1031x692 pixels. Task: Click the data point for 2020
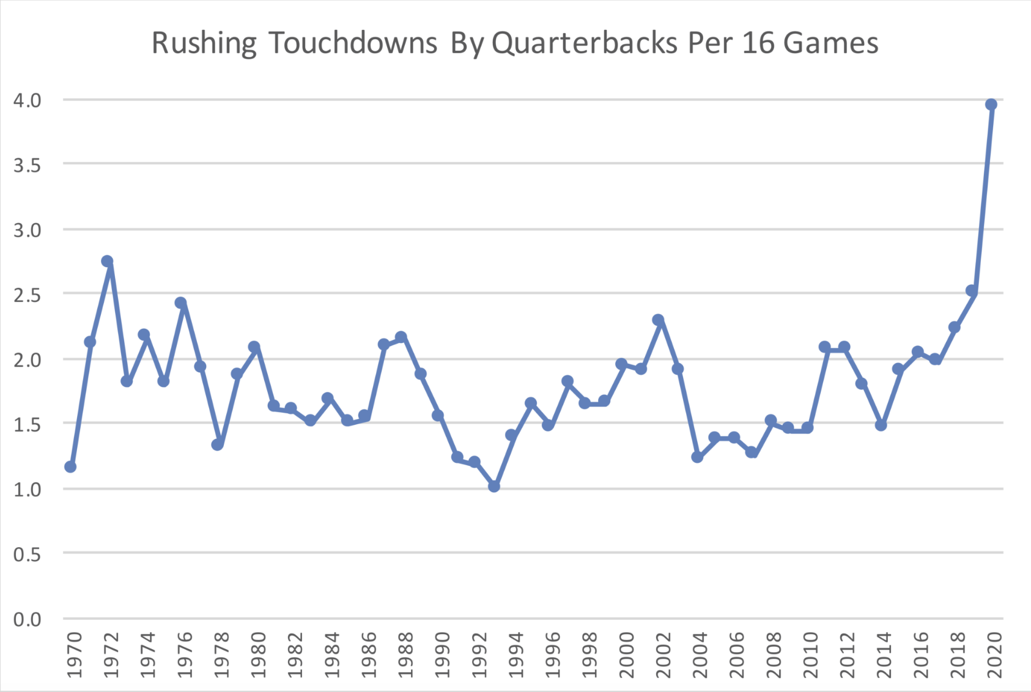pos(991,105)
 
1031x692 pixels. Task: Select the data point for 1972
pos(107,262)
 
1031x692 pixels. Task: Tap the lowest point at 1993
pos(494,487)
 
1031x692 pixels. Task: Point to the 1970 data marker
pos(70,467)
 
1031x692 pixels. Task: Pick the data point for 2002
pos(658,320)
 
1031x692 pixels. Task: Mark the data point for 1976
pos(180,303)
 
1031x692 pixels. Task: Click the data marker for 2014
pos(881,425)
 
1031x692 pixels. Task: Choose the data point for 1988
pos(401,337)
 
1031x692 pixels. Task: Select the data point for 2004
pos(697,457)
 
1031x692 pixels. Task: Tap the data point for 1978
pos(218,444)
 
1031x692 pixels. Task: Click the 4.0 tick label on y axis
pos(28,100)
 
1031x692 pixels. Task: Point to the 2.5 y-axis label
pos(28,295)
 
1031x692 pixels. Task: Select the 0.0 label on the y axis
pos(28,619)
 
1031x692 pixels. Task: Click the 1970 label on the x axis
pos(73,655)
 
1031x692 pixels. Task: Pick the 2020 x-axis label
pos(994,655)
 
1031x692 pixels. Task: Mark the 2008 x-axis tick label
pos(773,655)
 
